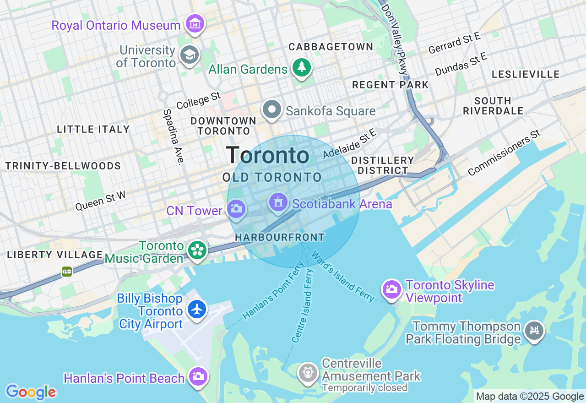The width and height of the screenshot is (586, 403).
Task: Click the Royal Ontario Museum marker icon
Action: point(195,23)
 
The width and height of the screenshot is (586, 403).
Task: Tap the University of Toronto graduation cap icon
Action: point(188,55)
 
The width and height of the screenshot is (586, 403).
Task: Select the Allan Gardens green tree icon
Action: point(301,68)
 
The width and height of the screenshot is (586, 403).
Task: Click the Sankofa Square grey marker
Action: point(272,110)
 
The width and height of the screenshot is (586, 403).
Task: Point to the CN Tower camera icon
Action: point(236,209)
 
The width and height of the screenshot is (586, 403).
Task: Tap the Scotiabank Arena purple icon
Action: point(278,202)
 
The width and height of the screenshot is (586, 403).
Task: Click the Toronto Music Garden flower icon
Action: point(197,250)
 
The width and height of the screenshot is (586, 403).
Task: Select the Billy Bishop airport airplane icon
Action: point(197,310)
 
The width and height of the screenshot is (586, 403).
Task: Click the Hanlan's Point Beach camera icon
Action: point(198,376)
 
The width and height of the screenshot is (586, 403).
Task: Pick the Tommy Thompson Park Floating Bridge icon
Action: point(534,330)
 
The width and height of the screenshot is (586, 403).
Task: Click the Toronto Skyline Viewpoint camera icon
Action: point(392,289)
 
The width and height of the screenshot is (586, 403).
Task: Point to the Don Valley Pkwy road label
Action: point(394,39)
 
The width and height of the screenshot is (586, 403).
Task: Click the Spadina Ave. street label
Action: point(173,136)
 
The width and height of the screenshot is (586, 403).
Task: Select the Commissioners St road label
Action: point(504,153)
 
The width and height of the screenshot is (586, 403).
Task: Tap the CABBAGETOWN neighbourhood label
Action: point(331,47)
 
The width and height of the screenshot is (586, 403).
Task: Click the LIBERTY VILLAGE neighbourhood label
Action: point(55,255)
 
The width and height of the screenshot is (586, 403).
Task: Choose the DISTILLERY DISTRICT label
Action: point(383,165)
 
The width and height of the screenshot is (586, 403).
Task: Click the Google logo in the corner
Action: point(31,392)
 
